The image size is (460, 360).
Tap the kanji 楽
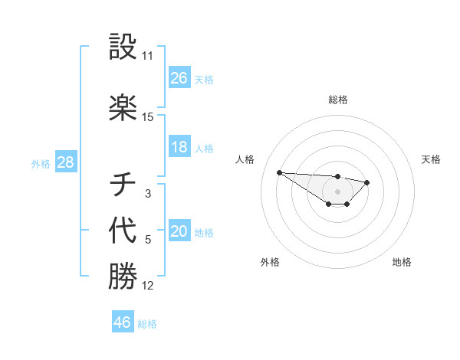[x=123, y=108]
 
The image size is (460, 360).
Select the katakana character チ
[x=123, y=185]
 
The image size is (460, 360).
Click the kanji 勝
[x=123, y=277]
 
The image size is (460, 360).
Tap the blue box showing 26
[x=179, y=78]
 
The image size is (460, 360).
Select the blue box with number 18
[x=179, y=147]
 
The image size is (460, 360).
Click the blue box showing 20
[x=179, y=232]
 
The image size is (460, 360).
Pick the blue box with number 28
[x=65, y=162]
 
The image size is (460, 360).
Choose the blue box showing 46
[x=123, y=322]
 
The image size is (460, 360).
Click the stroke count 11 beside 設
[x=148, y=57]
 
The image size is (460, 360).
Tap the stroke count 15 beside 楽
[x=148, y=117]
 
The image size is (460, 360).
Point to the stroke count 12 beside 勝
[x=148, y=286]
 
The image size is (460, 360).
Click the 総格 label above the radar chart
[x=337, y=100]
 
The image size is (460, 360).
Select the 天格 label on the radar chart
[x=432, y=159]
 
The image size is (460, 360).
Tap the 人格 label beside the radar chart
[x=245, y=159]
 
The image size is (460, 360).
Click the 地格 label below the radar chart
[x=402, y=262]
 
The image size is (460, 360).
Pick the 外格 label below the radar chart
[x=270, y=262]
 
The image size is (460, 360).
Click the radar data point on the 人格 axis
[x=279, y=172]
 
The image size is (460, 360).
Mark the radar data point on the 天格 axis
[x=367, y=182]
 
